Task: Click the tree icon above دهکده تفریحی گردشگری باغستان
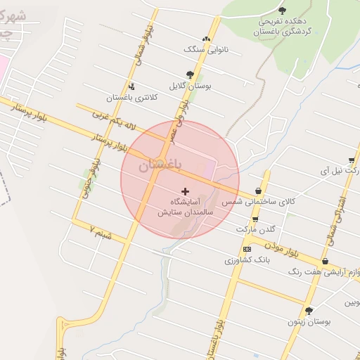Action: (283, 10)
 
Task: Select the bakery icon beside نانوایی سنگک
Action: (206, 39)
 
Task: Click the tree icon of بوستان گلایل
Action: (190, 74)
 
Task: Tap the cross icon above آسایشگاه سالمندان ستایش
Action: (186, 191)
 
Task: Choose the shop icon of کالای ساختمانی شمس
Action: (259, 191)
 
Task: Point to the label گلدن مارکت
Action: (255, 229)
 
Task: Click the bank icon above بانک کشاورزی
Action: (247, 249)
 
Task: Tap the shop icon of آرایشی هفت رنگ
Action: (324, 261)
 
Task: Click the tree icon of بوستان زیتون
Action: (308, 310)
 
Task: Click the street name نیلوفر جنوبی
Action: (87, 176)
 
